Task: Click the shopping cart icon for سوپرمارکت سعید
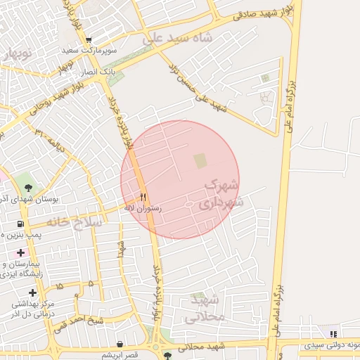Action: [x=89, y=40]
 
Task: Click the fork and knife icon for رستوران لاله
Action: [x=144, y=197]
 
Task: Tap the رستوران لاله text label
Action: [x=143, y=209]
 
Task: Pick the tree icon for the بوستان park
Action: [x=28, y=188]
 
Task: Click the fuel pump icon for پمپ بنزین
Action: [x=20, y=224]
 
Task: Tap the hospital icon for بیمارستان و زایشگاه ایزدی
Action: [x=20, y=252]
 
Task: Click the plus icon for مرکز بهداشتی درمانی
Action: [x=32, y=292]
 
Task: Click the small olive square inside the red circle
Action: [x=201, y=160]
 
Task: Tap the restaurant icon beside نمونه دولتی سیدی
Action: [x=333, y=334]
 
